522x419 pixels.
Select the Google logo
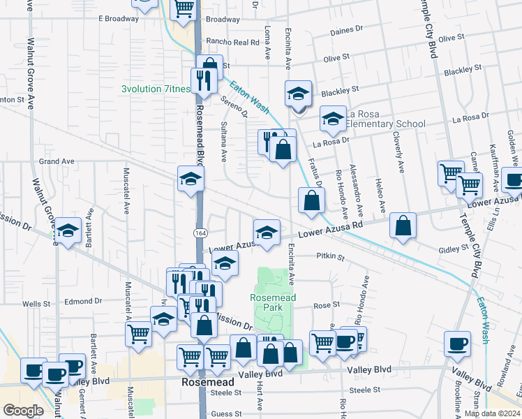(23, 410)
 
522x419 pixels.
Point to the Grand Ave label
(57, 161)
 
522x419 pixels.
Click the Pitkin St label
(330, 257)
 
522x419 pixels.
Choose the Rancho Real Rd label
(218, 43)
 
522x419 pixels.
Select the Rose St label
(326, 305)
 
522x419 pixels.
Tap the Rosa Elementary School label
(385, 119)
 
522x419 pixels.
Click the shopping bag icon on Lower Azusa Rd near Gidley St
(403, 225)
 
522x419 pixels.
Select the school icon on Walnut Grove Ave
(68, 230)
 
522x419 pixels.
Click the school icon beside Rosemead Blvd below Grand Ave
(190, 178)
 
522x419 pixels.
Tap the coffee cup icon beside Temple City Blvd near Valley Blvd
(457, 343)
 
